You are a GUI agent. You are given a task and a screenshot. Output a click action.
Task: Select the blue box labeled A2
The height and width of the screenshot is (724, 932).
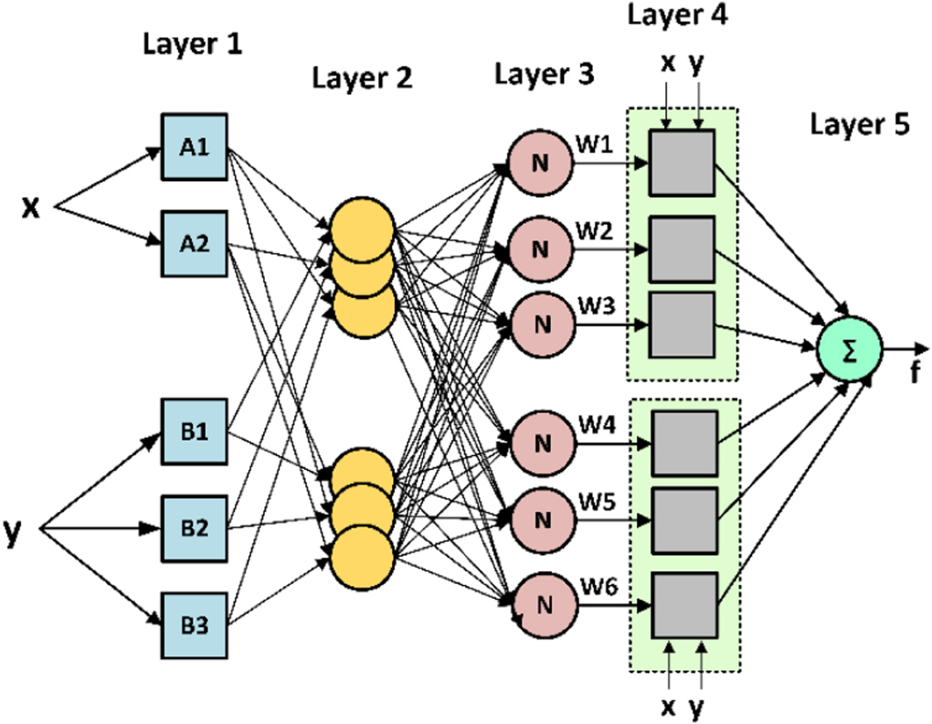pos(195,243)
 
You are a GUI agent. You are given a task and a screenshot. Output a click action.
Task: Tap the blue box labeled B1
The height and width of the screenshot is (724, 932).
pos(195,431)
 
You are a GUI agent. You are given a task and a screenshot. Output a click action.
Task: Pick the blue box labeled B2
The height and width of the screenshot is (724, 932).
pos(195,527)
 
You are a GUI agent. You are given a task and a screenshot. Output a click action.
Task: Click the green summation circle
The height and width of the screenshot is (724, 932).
pos(849,349)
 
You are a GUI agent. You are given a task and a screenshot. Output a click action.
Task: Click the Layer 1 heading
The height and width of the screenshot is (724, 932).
pos(193,44)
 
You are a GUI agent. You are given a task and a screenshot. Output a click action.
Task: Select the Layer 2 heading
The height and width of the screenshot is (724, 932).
pos(363,79)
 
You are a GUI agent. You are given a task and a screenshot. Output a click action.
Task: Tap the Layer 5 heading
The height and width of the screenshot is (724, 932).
pos(860,125)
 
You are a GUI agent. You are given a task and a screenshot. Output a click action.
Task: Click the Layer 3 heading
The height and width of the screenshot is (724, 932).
pos(545,74)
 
